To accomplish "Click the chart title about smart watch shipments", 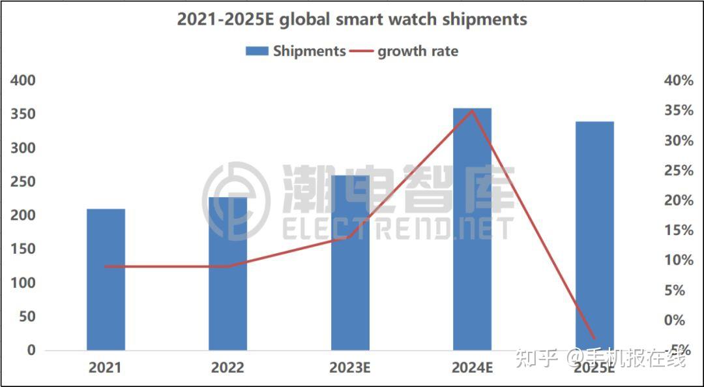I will (x=352, y=19).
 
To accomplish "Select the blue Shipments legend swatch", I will (x=257, y=51).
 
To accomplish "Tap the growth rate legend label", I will (x=418, y=51).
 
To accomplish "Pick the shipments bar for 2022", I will (x=228, y=274).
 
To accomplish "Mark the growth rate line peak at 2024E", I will (x=472, y=110).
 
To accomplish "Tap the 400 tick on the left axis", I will (x=22, y=80).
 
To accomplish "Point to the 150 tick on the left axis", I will (x=22, y=249).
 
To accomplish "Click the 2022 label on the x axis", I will (x=227, y=367).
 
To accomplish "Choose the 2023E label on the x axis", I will (x=349, y=367).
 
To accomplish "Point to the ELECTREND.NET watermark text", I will (x=398, y=228).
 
